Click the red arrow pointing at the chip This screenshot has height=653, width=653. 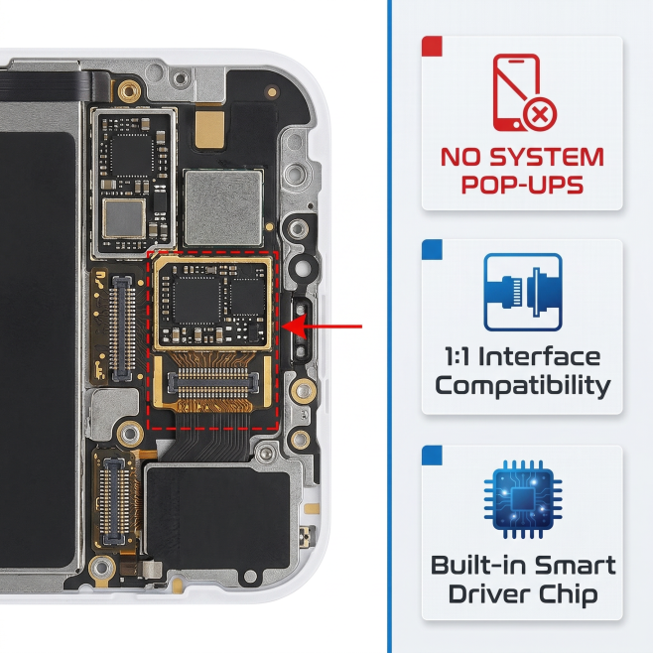(x=322, y=326)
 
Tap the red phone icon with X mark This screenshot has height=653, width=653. (x=524, y=92)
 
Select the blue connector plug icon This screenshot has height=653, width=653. (x=523, y=292)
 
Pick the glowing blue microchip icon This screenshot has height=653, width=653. (x=523, y=499)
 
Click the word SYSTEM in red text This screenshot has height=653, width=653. (x=547, y=158)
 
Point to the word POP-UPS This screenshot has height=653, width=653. (x=522, y=185)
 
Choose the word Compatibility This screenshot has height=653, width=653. (x=523, y=386)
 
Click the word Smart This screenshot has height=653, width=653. (x=576, y=565)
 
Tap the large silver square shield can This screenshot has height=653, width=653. (x=223, y=207)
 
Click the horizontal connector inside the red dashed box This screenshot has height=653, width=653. (x=212, y=382)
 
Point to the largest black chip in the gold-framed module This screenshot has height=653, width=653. (x=197, y=300)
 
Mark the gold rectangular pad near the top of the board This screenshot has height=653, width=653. (x=210, y=130)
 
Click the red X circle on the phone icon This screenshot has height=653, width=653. (x=539, y=114)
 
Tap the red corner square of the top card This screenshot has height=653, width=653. (x=432, y=47)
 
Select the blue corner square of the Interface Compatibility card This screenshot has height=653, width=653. (x=432, y=249)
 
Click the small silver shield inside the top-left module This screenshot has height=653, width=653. (x=124, y=218)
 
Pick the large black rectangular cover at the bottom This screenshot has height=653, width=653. (x=218, y=517)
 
